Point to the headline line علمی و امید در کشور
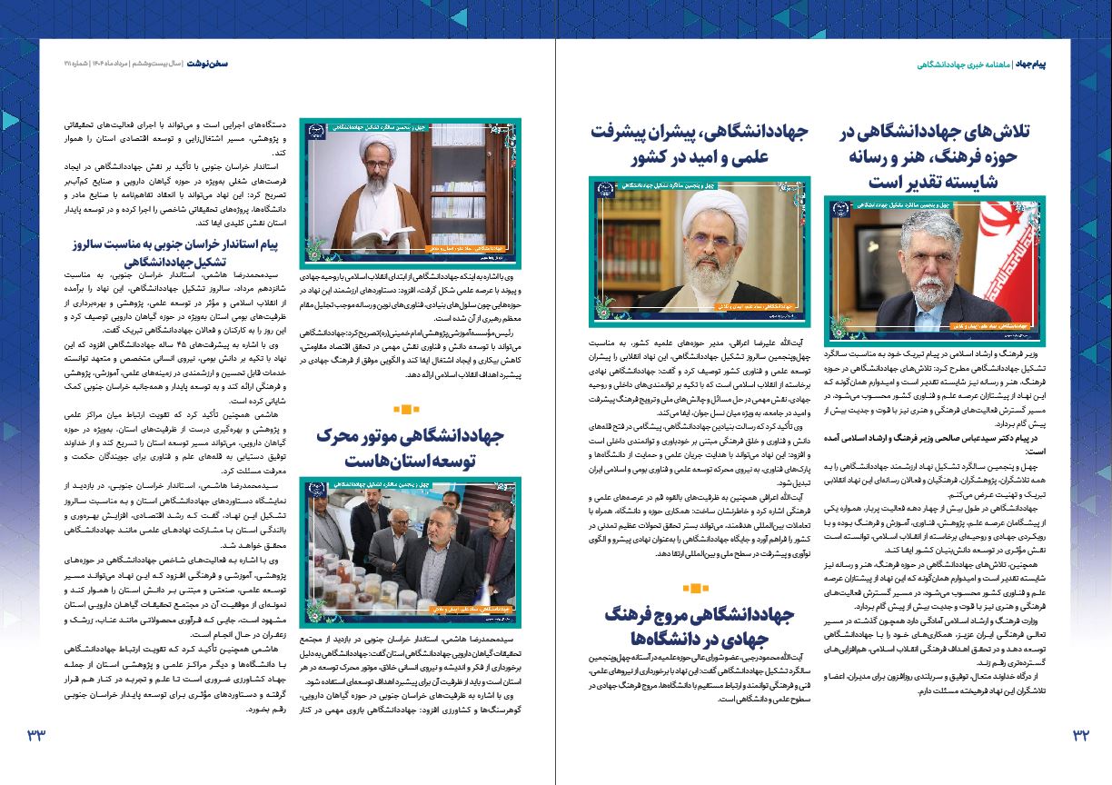[x=700, y=156]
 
